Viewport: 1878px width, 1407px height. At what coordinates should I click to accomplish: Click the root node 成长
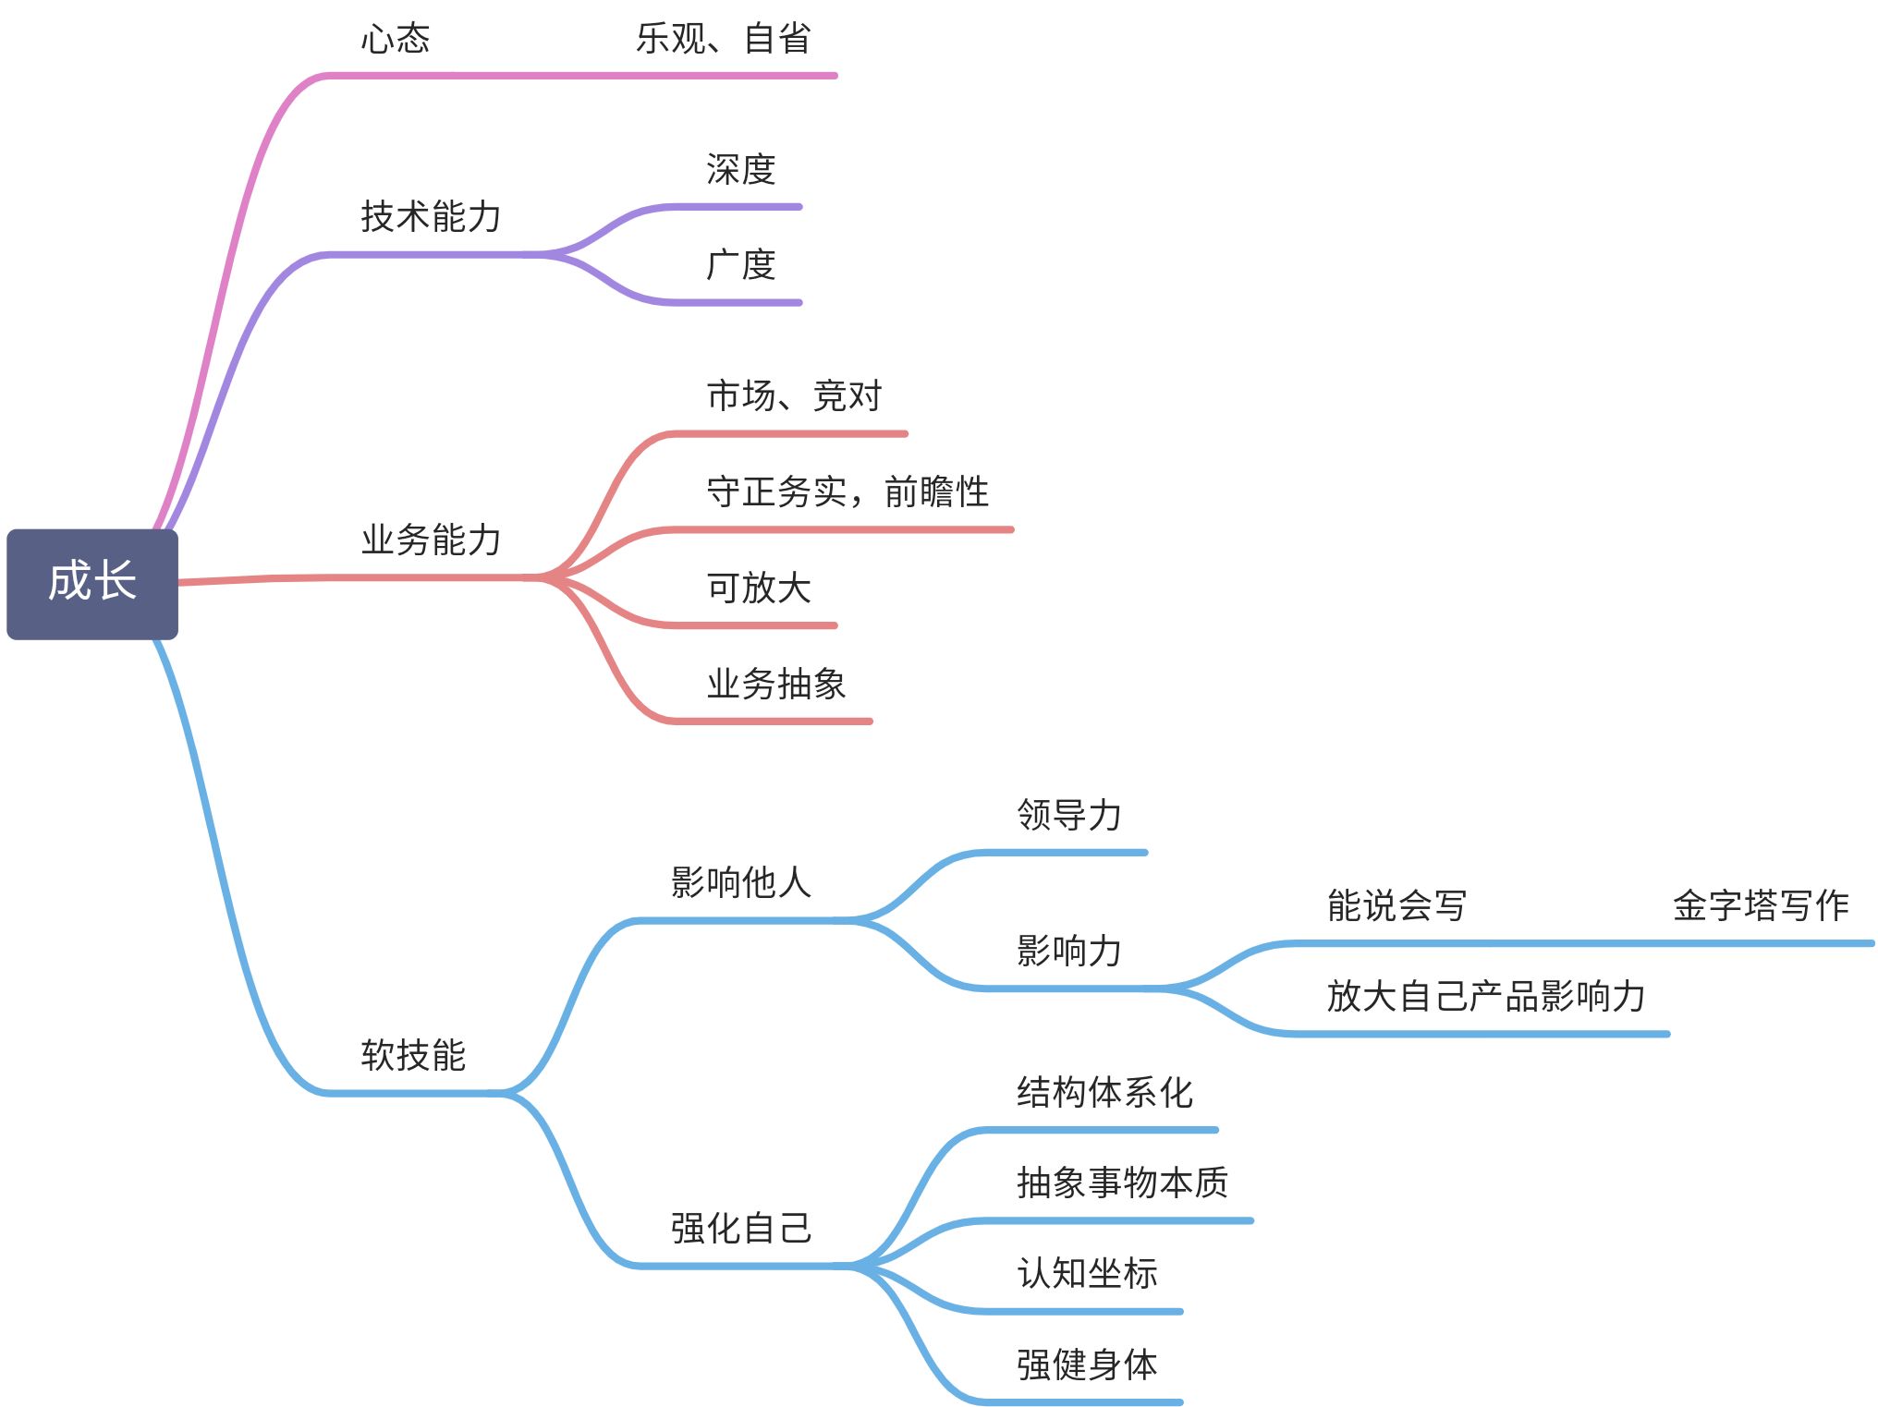[92, 583]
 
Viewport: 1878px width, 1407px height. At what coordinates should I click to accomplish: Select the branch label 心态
[395, 39]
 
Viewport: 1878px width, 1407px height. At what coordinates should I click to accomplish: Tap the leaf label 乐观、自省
[723, 39]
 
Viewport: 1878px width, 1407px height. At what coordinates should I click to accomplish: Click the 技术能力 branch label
[431, 217]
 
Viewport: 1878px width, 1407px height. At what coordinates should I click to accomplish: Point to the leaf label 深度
[740, 169]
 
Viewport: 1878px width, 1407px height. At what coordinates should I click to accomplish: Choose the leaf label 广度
[740, 265]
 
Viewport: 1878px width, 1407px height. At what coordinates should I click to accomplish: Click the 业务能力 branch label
[431, 540]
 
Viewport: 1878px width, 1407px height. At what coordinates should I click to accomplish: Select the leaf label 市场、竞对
[794, 395]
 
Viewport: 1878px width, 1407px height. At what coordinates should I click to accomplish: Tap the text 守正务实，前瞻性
[847, 491]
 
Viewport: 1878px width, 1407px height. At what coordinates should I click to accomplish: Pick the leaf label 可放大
[759, 588]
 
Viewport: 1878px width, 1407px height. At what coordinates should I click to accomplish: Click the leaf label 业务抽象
[776, 684]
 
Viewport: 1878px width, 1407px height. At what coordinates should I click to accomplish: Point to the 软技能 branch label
[413, 1055]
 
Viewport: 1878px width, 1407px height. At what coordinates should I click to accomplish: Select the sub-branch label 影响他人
[740, 882]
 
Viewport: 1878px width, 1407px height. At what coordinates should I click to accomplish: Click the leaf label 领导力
[1069, 815]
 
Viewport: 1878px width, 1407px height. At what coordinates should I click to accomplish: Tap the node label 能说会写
[1396, 905]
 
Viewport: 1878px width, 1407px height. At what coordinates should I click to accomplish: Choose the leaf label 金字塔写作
[1761, 905]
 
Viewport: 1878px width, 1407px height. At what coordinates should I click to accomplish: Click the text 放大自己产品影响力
[1485, 996]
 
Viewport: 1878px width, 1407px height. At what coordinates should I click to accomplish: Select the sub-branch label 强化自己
[740, 1228]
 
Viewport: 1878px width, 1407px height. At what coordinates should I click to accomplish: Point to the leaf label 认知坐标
[1087, 1273]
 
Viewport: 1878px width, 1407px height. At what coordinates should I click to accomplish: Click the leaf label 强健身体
[1087, 1364]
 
